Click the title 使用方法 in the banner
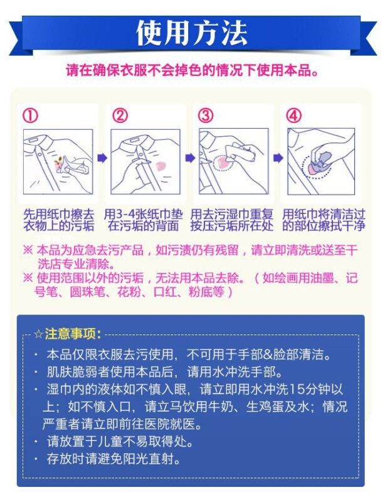[x=192, y=33]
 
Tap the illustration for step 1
[x=58, y=162]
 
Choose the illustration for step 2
[x=145, y=162]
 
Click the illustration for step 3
[x=233, y=162]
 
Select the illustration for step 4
[x=322, y=162]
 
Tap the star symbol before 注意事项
[x=39, y=333]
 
